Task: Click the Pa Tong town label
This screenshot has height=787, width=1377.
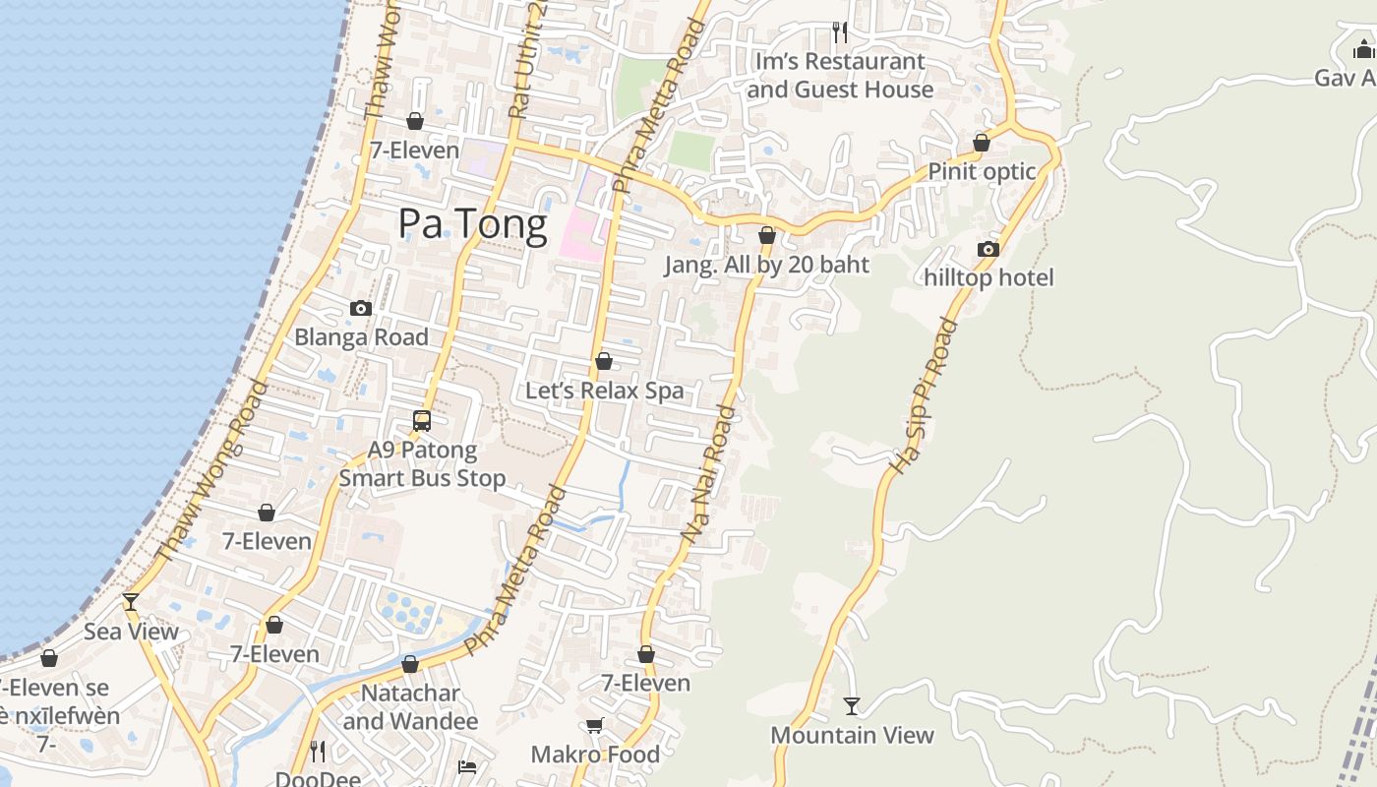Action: pyautogui.click(x=472, y=224)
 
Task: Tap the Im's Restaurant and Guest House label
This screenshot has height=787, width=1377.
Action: pyautogui.click(x=839, y=76)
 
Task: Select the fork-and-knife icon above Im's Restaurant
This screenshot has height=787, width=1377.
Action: pyautogui.click(x=840, y=32)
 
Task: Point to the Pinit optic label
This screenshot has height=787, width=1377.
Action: pyautogui.click(x=982, y=172)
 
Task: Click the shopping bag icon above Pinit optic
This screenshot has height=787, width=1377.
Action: pyautogui.click(x=981, y=144)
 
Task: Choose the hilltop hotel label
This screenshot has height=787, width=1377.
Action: pyautogui.click(x=988, y=277)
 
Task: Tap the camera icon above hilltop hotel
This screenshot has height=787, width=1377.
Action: pyautogui.click(x=988, y=249)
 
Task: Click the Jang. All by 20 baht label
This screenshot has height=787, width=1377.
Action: pyautogui.click(x=767, y=265)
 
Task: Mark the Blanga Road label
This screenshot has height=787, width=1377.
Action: pyautogui.click(x=361, y=336)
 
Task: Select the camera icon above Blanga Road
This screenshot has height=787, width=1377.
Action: pyautogui.click(x=361, y=308)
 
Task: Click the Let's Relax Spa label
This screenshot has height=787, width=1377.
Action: pyautogui.click(x=604, y=391)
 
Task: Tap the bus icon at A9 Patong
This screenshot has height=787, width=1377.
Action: pyautogui.click(x=422, y=421)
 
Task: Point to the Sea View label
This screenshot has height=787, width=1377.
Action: pyautogui.click(x=131, y=632)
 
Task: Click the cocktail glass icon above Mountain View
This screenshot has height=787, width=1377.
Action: pyautogui.click(x=852, y=706)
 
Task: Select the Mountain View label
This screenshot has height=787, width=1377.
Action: pyautogui.click(x=852, y=735)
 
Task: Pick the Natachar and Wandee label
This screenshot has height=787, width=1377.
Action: pyautogui.click(x=410, y=707)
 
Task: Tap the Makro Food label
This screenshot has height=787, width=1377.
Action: pyautogui.click(x=595, y=755)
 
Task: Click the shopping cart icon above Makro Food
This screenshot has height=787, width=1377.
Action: pyautogui.click(x=594, y=726)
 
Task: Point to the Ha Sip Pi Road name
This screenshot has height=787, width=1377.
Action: pyautogui.click(x=923, y=395)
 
